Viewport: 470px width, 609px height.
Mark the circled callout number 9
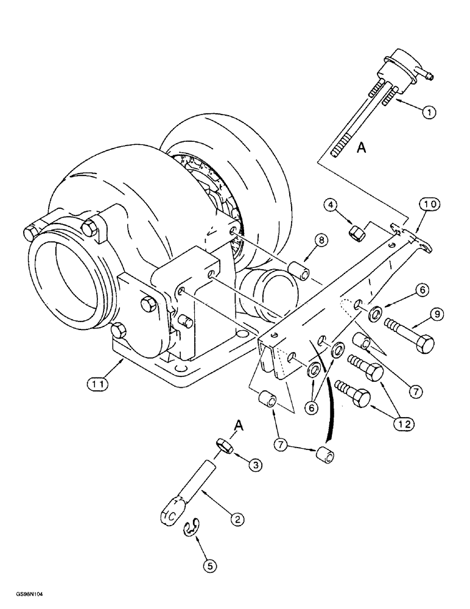click(x=440, y=314)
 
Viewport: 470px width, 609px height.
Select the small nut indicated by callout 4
click(x=357, y=232)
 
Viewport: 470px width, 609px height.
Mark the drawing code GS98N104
click(x=26, y=599)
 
